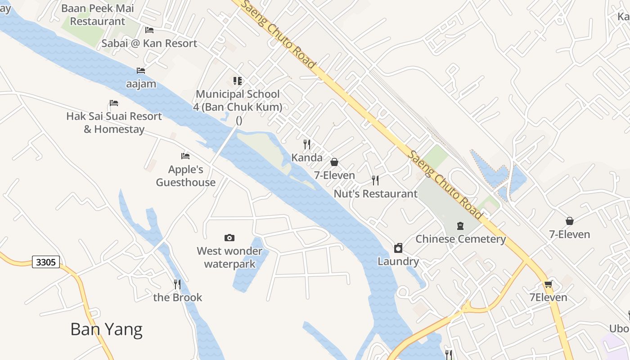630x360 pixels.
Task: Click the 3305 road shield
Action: [x=46, y=262]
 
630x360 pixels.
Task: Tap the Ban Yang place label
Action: [x=106, y=329]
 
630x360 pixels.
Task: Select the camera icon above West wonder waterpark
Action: [x=229, y=238]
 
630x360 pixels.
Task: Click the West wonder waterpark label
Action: [x=229, y=257]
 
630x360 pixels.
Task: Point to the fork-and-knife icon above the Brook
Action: [x=177, y=284]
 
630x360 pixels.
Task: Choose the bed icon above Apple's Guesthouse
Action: [x=185, y=156]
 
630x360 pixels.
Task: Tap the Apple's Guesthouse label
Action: [x=186, y=176]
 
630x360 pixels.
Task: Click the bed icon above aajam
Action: [x=141, y=71]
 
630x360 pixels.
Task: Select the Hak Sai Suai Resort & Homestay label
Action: [x=114, y=122]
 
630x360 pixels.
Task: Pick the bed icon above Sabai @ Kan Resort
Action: [x=149, y=30]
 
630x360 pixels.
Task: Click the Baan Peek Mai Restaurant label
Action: [x=98, y=14]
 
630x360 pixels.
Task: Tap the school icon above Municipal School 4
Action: [x=238, y=81]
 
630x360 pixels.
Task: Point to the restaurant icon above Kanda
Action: [x=307, y=144]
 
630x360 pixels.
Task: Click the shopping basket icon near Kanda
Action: [x=334, y=162]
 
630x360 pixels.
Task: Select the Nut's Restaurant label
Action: [x=375, y=194]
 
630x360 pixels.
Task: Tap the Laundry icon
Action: [x=398, y=248]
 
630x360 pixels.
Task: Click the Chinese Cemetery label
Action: [x=460, y=239]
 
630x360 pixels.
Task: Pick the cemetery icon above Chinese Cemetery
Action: [x=460, y=225]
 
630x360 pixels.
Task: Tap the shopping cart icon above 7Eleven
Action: [x=548, y=284]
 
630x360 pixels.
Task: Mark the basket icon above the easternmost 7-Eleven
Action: [x=570, y=221]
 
